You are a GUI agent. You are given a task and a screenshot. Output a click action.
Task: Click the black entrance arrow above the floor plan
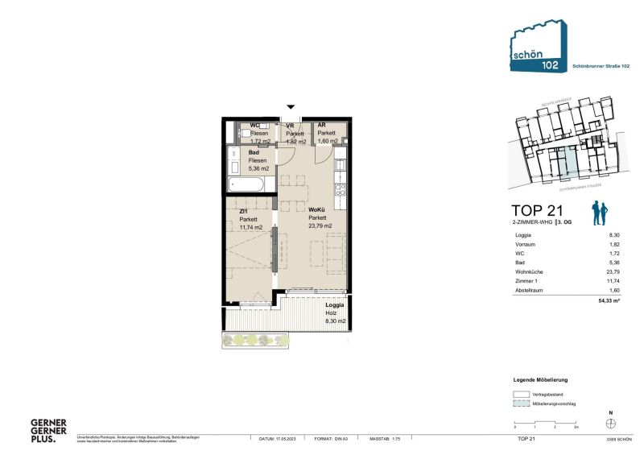tap(291, 106)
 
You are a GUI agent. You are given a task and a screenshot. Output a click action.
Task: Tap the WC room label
tap(254, 126)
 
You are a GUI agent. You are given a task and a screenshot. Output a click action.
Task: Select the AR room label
tap(321, 126)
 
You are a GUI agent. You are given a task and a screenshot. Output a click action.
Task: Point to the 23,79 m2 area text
tap(321, 226)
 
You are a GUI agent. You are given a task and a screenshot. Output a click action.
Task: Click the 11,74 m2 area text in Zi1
tap(252, 226)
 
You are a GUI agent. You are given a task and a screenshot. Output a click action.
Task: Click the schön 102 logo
tap(532, 50)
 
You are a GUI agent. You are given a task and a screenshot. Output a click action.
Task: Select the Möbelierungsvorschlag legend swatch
tap(521, 405)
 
